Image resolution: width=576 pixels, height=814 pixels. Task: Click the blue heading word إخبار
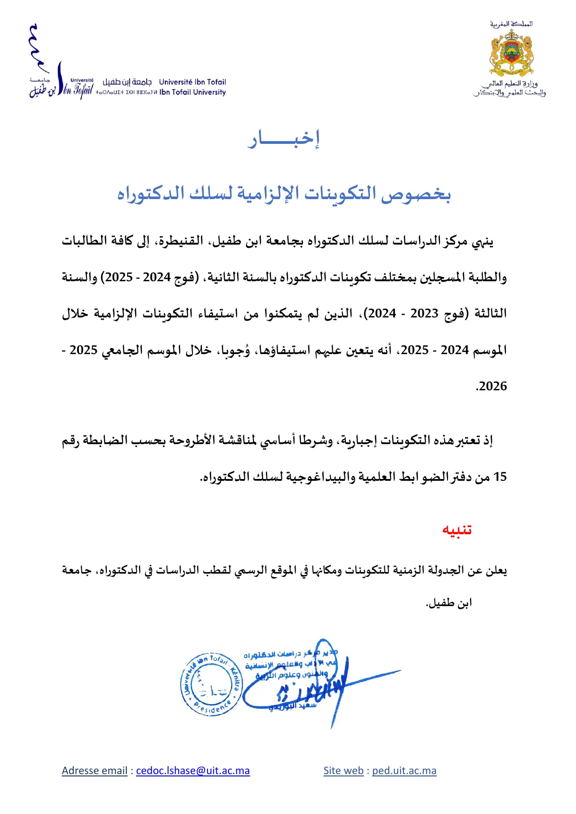(x=284, y=139)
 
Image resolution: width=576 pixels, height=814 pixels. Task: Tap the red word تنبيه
(x=457, y=530)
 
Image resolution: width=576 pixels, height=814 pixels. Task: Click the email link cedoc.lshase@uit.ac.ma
(x=193, y=771)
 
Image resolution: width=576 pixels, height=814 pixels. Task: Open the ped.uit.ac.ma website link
(x=404, y=771)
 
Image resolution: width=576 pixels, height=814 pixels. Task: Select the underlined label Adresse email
(x=94, y=771)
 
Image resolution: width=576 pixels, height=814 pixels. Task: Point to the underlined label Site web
(x=343, y=771)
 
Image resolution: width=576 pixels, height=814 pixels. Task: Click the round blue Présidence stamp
(x=212, y=684)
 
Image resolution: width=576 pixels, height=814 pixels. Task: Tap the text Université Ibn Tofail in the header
(x=192, y=82)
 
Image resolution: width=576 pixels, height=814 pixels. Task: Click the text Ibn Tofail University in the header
(x=192, y=92)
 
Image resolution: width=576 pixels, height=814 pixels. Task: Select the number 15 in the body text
(x=500, y=477)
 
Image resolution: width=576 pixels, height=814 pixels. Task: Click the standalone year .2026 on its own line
(x=491, y=386)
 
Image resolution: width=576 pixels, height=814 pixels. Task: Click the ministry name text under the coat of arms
(x=510, y=88)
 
